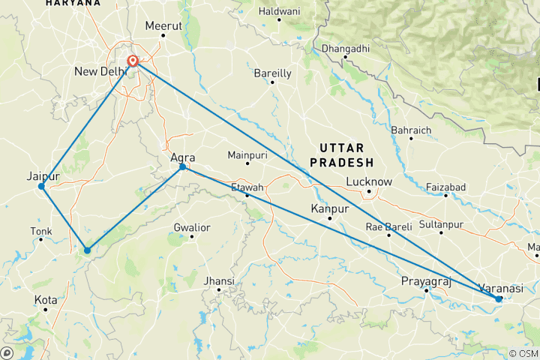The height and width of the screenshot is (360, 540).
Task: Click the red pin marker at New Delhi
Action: [x=133, y=61]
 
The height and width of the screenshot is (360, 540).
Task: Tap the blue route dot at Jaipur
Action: [x=41, y=186]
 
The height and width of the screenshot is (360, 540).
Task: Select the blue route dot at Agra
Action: [x=183, y=166]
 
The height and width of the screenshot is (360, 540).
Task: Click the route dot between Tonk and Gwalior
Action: [x=88, y=250]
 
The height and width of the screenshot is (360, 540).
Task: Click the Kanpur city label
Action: [x=330, y=208]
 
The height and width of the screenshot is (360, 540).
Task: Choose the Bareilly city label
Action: [x=272, y=73]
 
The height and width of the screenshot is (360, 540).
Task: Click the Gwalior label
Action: [x=191, y=227]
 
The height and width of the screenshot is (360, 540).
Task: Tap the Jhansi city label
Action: [x=220, y=281]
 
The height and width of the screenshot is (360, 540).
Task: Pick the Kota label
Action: [x=46, y=300]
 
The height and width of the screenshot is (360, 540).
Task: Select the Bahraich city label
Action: [x=411, y=130]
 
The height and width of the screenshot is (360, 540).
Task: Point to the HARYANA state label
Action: [x=72, y=4]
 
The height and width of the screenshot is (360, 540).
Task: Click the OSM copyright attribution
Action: [x=523, y=353]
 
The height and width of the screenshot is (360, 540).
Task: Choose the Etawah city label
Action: [x=247, y=187]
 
